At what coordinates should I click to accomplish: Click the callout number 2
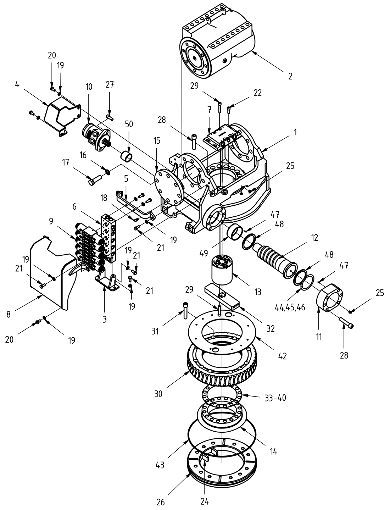(290, 77)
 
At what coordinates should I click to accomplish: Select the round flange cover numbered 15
(168, 186)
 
